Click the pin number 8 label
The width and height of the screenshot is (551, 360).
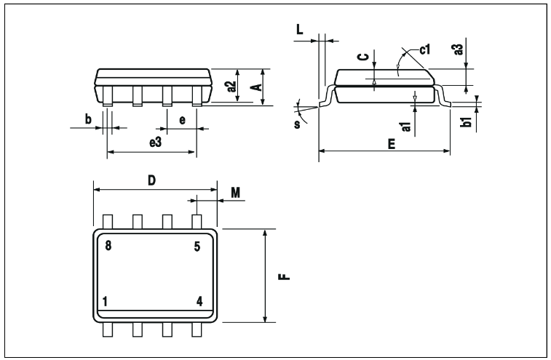tap(108, 246)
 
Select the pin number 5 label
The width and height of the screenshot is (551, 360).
tap(197, 247)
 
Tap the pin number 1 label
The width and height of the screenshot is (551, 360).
tap(105, 302)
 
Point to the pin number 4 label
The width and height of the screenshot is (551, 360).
tap(199, 302)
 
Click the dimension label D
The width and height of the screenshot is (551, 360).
tap(151, 180)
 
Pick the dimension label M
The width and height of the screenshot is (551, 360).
tap(235, 193)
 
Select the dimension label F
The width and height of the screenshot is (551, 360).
tap(285, 277)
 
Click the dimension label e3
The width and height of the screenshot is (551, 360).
tap(155, 143)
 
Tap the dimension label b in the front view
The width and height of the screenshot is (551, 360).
tap(88, 119)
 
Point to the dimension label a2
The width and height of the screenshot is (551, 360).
tap(231, 87)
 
